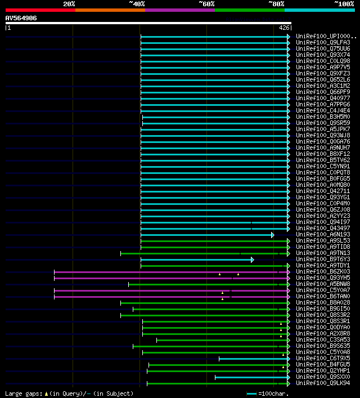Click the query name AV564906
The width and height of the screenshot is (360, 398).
[x=21, y=18]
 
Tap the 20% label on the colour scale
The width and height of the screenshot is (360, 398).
[x=69, y=3]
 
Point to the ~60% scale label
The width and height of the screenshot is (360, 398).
[x=206, y=3]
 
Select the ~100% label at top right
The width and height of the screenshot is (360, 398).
[x=344, y=3]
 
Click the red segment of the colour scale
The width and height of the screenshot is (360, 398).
[x=40, y=10]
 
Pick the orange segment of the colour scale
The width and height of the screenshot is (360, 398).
[x=110, y=10]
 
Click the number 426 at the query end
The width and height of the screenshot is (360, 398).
[x=284, y=27]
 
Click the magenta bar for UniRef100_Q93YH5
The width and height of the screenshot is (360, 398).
[x=169, y=278]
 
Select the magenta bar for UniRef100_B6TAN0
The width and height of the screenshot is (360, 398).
[x=169, y=297]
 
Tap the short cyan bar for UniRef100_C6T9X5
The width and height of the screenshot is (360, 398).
[x=253, y=359]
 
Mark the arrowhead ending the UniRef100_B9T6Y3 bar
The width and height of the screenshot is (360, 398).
[x=253, y=260]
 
